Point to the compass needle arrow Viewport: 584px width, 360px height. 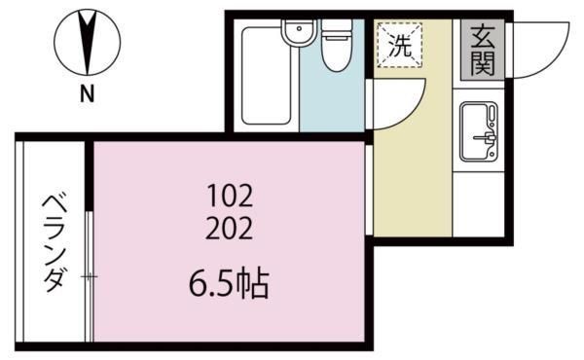[88, 42]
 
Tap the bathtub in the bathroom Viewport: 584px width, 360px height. [266, 76]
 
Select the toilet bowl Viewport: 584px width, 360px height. [337, 54]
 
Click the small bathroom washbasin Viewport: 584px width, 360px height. [300, 33]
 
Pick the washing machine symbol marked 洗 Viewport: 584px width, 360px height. [400, 45]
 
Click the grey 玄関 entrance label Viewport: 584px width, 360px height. [483, 50]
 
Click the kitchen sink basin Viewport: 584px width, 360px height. [479, 131]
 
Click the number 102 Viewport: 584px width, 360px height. [230, 197]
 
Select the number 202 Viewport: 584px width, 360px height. [230, 229]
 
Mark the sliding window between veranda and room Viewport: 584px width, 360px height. [90, 276]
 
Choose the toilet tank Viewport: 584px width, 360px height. [337, 28]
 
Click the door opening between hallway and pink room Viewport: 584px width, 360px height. [369, 190]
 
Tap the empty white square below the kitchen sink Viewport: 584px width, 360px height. [479, 204]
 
